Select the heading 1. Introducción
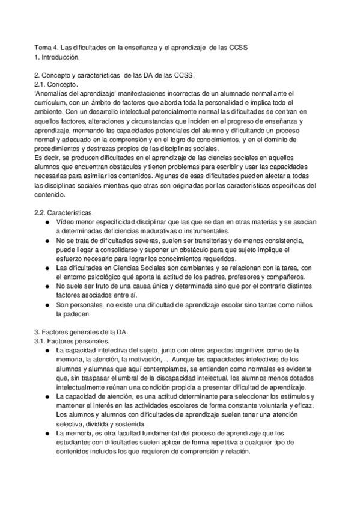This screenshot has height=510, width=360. (58, 57)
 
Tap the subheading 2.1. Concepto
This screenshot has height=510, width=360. (56, 85)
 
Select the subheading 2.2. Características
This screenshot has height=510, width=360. (64, 214)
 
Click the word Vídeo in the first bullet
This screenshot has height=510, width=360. (66, 223)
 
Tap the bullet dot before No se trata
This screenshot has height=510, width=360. (48, 241)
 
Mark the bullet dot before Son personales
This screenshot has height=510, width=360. (48, 306)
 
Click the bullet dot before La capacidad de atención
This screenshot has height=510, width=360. (48, 398)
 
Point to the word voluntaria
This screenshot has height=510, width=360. (266, 407)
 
